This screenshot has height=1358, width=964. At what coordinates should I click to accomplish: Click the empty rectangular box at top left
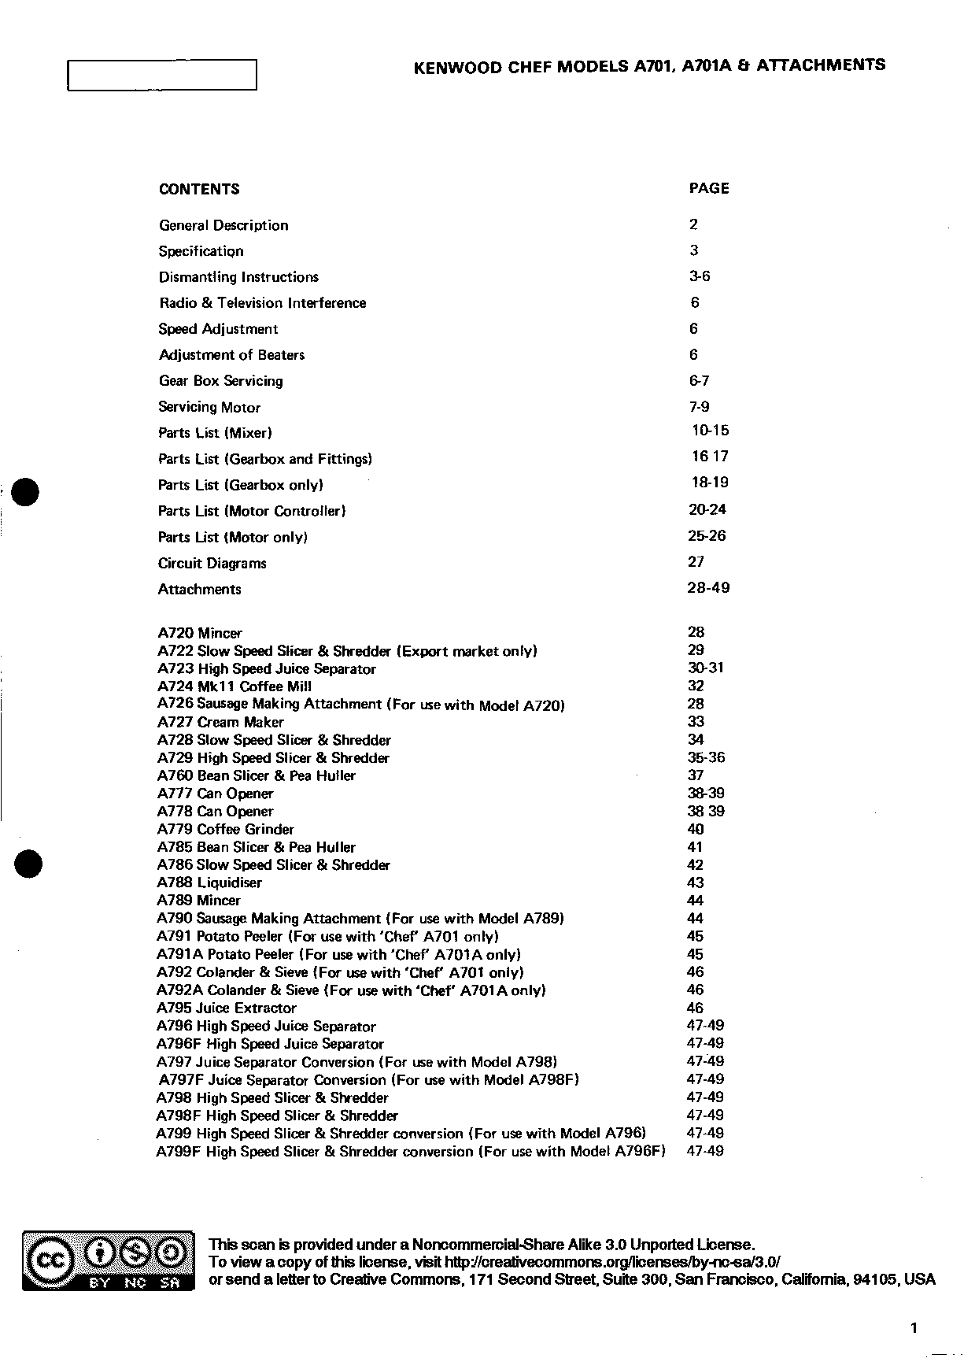(162, 76)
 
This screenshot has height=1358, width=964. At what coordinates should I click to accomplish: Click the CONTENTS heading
(199, 189)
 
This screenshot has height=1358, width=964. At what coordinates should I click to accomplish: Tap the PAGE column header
(709, 188)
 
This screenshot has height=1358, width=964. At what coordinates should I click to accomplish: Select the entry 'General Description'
(223, 225)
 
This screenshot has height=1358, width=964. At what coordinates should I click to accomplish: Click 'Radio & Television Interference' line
(262, 303)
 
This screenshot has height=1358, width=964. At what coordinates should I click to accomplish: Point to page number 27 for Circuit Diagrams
(696, 562)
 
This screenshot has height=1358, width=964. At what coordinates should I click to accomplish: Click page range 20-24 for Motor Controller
(707, 509)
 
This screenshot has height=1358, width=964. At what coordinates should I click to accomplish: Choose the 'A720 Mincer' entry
(200, 633)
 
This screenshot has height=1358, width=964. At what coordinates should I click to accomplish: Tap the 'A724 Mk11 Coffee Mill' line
(235, 686)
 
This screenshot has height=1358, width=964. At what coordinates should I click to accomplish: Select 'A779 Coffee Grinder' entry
(226, 830)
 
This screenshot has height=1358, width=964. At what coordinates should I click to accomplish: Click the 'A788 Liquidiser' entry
(209, 883)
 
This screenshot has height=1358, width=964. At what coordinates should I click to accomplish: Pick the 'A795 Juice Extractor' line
(227, 1008)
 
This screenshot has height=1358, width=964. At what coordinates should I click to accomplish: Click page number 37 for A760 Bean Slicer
(696, 775)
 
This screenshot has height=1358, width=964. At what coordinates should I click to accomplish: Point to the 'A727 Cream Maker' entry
(220, 722)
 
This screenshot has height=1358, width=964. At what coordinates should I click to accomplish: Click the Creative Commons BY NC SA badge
(109, 1261)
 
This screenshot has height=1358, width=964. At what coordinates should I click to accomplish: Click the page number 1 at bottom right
(914, 1328)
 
